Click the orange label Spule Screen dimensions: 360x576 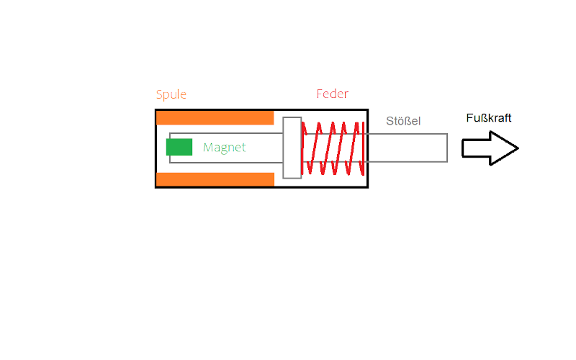[171, 94]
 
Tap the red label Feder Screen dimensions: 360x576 [332, 94]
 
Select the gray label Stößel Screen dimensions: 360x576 [402, 121]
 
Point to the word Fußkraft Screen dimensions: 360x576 [489, 118]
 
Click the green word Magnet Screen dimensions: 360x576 [224, 148]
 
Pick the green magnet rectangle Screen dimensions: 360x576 [179, 147]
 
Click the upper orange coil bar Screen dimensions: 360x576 [215, 117]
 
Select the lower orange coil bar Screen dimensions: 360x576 [215, 179]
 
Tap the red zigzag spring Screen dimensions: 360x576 [332, 148]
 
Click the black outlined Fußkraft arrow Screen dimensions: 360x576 [490, 148]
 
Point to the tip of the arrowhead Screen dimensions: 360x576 [518, 148]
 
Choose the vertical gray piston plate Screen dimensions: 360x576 [292, 148]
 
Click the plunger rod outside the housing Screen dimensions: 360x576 [407, 148]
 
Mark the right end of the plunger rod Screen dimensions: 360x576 [447, 148]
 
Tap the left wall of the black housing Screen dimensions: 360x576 [156, 148]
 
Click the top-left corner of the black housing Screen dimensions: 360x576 [156, 109]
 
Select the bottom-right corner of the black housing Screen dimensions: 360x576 [368, 187]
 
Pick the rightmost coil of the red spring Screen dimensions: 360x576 [359, 148]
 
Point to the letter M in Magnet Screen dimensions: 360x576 [208, 148]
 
